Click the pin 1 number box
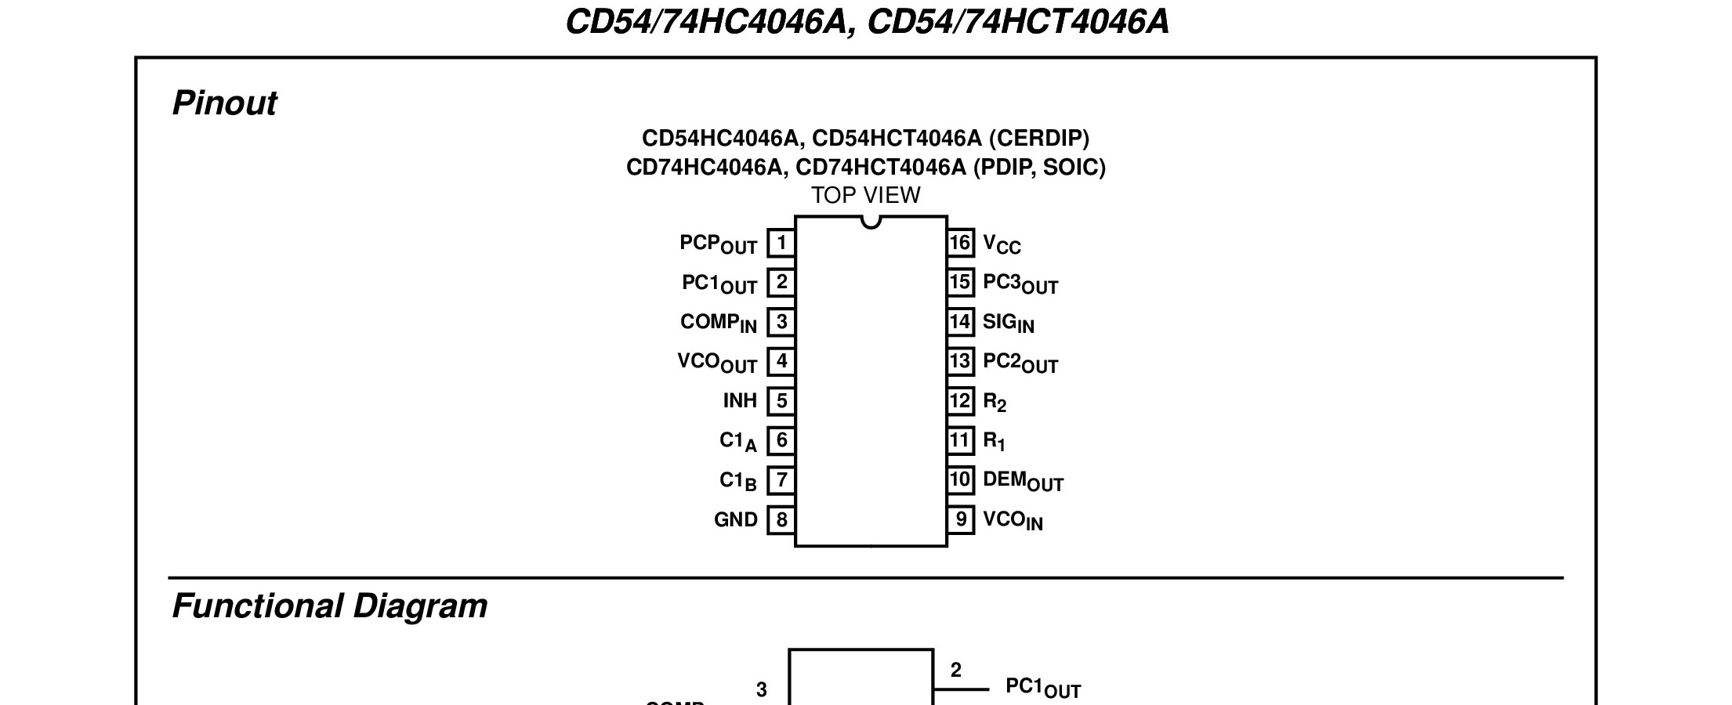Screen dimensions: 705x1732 point(781,244)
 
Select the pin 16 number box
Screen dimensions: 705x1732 point(961,243)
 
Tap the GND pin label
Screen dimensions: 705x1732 point(735,520)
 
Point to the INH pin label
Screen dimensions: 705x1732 point(740,401)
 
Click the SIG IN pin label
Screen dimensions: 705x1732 point(1008,323)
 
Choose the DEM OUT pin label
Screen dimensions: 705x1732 point(1023,481)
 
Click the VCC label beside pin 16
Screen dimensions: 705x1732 point(1002,244)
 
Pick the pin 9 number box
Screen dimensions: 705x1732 point(961,520)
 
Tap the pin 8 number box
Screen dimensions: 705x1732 point(781,520)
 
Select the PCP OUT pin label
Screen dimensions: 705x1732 point(718,244)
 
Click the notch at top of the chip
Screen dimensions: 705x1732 point(871,222)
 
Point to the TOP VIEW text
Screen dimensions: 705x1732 point(865,195)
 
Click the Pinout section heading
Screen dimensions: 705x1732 point(224,103)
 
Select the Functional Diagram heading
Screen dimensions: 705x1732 point(329,606)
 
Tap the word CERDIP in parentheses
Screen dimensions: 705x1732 point(1038,139)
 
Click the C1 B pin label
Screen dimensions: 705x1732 point(737,481)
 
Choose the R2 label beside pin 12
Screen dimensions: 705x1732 point(995,403)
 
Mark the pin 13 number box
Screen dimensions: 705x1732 point(961,362)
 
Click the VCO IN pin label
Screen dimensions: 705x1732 point(1013,521)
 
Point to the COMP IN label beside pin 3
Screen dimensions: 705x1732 point(718,323)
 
